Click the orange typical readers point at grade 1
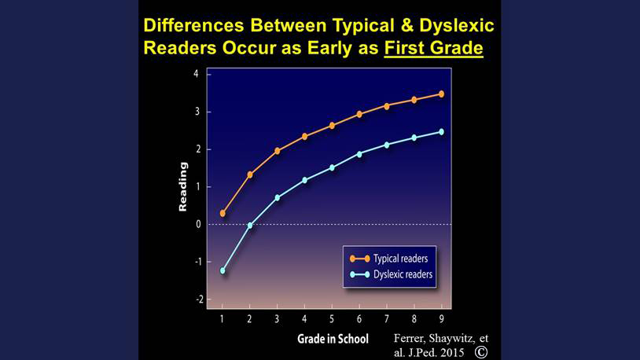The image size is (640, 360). point(223,213)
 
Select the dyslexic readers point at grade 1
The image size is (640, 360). point(223,270)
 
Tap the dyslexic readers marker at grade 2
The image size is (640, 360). point(250,225)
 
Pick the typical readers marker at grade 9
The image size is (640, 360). point(441,94)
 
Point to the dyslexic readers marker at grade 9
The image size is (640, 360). point(441,132)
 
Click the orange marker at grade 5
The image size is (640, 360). point(332,126)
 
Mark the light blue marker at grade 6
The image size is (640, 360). point(359,154)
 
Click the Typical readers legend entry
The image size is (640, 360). point(389,259)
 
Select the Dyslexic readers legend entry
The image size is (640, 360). point(391,274)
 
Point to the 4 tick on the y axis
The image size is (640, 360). point(197,74)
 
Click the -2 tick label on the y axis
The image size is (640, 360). point(199,299)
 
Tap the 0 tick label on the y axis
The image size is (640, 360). point(198,224)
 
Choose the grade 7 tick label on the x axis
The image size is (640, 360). point(387,319)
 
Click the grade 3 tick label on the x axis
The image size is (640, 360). point(277,319)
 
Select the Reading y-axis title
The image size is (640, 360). point(183,186)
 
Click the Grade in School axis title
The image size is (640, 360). point(333,339)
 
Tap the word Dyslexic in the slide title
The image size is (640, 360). point(457,25)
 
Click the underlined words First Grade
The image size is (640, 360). point(433,48)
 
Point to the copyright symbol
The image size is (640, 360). point(481,352)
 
